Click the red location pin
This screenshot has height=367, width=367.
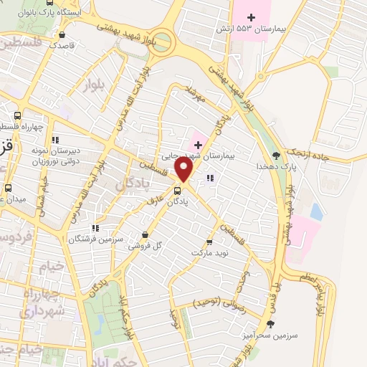(x=184, y=170)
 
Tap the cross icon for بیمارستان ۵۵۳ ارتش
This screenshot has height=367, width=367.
(x=250, y=16)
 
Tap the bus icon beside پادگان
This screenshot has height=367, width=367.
(x=177, y=190)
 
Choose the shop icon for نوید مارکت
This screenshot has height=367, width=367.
(x=210, y=242)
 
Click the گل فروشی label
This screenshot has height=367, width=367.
(x=146, y=246)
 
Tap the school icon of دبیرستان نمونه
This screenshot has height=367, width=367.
(x=55, y=139)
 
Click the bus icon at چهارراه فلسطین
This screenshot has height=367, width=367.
(x=17, y=115)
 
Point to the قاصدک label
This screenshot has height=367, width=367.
(x=63, y=44)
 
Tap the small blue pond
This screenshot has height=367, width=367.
(x=316, y=211)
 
